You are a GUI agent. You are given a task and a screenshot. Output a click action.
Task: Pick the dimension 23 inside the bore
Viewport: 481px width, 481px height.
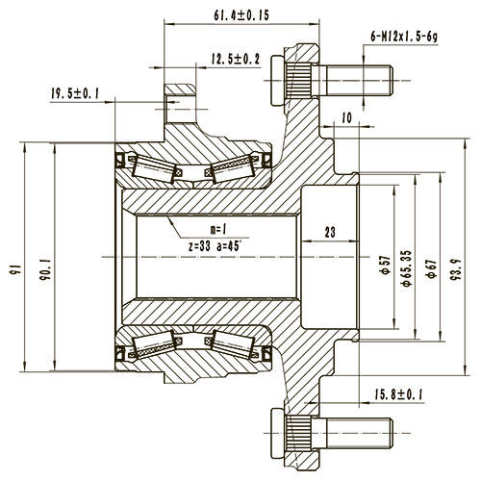tap(330, 231)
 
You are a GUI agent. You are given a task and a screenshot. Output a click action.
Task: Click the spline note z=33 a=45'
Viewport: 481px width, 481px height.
tap(216, 246)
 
